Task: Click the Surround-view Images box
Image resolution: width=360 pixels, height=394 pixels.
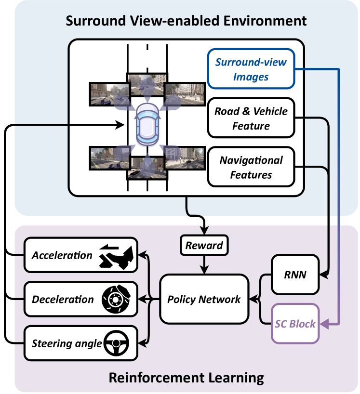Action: pos(251,69)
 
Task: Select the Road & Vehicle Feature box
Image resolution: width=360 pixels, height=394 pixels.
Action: pos(251,118)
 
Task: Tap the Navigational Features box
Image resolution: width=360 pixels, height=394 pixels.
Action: pos(251,167)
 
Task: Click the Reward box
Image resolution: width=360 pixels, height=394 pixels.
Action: pos(204,246)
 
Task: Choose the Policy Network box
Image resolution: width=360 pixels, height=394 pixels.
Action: pos(204,299)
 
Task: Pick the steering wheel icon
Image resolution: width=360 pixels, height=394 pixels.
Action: pos(116,343)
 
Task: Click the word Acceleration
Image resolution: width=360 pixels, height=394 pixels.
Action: pos(62,255)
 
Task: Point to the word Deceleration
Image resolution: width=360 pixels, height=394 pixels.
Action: pos(63,299)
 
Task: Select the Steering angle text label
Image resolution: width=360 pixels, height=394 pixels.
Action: pos(67,343)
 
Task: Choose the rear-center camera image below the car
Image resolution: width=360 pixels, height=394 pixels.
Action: pos(147,167)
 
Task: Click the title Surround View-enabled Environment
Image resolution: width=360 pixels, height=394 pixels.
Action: pos(186,21)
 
